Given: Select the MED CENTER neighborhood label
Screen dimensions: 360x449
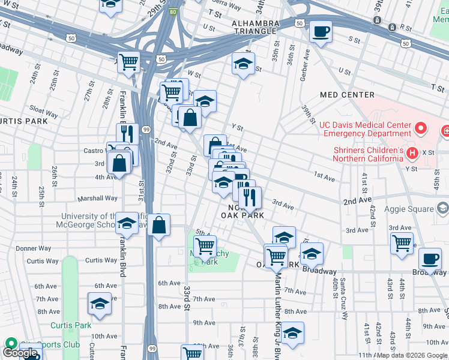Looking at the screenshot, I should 347,95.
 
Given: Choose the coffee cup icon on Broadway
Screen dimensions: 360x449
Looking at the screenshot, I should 430,259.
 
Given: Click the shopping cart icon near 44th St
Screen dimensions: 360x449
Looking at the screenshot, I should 402,243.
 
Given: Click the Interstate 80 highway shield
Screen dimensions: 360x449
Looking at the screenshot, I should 173,11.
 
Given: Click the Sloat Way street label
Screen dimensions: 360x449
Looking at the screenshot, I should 43,112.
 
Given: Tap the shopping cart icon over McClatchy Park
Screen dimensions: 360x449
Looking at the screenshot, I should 205,245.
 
